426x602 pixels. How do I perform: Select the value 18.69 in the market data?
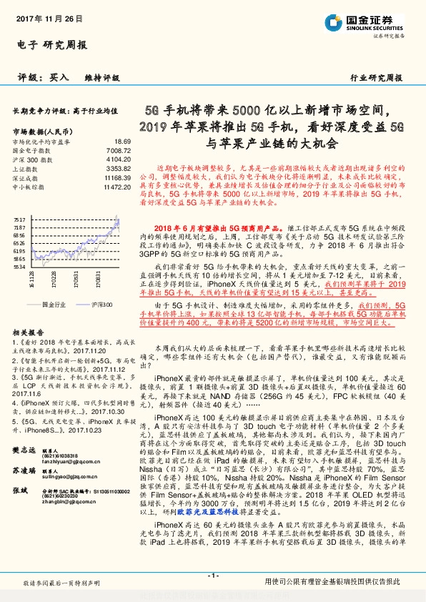[122, 142]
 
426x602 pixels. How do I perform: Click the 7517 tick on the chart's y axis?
[19, 219]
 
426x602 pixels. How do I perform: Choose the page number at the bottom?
[212, 575]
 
